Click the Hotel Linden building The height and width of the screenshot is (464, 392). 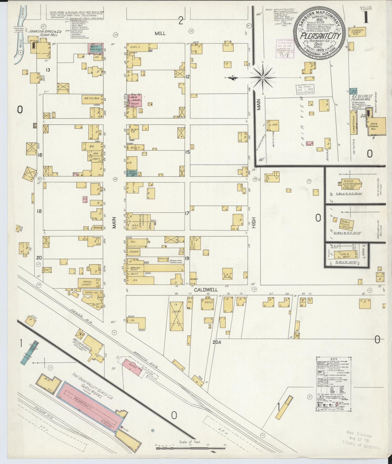88,283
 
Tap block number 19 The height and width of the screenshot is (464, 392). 187,258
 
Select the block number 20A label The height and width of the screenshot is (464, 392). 217,342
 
